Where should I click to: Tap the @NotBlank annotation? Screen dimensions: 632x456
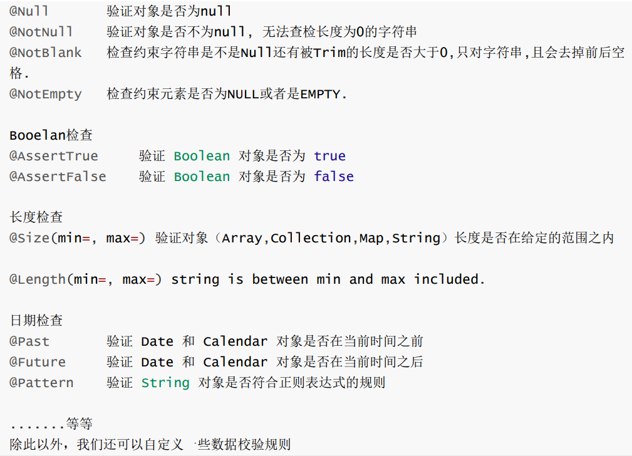(45, 53)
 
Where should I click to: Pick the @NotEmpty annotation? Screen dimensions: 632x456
(45, 94)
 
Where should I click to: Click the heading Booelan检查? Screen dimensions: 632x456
(51, 135)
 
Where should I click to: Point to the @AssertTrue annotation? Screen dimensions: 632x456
(53, 156)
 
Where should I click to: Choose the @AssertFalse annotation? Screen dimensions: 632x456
(57, 177)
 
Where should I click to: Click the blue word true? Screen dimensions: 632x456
(329, 156)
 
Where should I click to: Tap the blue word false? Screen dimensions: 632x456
(334, 177)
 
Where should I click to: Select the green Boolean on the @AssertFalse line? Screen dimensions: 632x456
(202, 177)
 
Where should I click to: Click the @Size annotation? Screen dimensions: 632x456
(29, 238)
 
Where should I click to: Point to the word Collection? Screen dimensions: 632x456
(311, 238)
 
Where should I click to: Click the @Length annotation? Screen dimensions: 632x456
(37, 279)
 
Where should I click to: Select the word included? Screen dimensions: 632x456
(449, 279)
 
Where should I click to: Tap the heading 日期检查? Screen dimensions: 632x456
(36, 321)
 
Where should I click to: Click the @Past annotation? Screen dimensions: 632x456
(29, 341)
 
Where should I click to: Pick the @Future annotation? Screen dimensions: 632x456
(37, 362)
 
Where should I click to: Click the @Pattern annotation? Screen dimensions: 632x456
(41, 383)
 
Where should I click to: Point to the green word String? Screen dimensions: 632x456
(165, 383)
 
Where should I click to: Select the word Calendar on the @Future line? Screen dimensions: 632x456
(236, 362)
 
